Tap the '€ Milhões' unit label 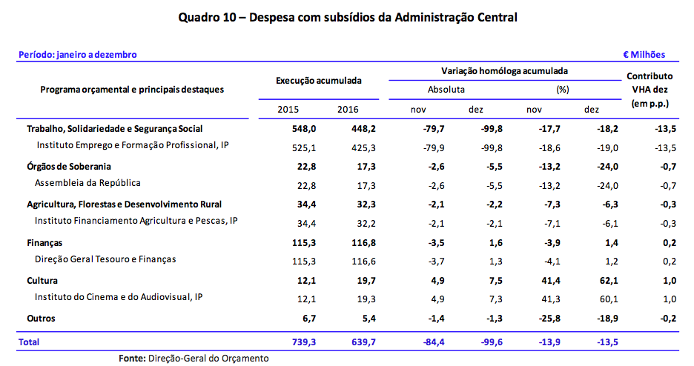click(644, 54)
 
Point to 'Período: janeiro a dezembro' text click(77, 54)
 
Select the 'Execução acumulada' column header click(318, 79)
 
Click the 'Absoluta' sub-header click(446, 90)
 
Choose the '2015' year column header click(288, 110)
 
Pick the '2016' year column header click(348, 110)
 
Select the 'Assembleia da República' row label click(88, 182)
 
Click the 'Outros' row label click(41, 318)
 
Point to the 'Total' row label click(30, 342)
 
